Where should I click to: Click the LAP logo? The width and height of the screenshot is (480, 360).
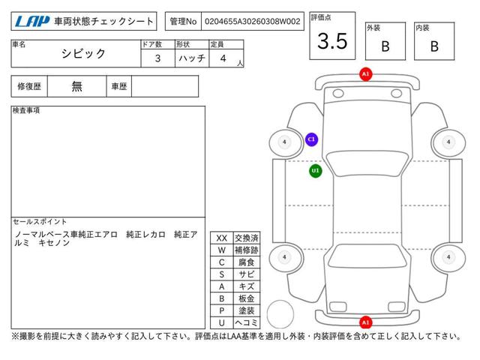point(31,22)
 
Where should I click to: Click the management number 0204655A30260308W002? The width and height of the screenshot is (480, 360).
point(252,22)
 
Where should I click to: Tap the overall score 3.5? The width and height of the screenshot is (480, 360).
point(332,41)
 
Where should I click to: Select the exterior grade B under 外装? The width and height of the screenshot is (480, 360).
point(385,46)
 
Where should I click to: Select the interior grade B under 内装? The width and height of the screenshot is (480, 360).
point(434,46)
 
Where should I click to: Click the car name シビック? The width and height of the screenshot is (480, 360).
point(83,53)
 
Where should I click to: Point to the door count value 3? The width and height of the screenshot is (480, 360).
point(157,58)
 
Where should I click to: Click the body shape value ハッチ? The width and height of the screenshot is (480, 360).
point(192,58)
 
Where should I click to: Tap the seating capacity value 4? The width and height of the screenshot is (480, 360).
point(223,58)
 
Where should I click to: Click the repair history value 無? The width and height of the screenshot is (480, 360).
point(76,86)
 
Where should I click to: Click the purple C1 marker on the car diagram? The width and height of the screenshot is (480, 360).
point(312,139)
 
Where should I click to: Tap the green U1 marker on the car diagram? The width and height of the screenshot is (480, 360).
point(316,171)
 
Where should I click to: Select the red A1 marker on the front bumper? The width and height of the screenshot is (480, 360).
point(365,74)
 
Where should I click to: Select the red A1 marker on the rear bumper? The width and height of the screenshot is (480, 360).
point(365,322)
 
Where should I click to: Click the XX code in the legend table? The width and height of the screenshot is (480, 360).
point(222,238)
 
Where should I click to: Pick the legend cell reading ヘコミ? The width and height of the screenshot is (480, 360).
point(247,323)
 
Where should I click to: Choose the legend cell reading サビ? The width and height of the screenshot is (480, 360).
point(247,274)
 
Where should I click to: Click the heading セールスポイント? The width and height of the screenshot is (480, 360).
point(40,222)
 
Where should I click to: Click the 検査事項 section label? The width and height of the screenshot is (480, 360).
point(26,110)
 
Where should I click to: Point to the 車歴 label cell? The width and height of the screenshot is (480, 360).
point(119,86)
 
